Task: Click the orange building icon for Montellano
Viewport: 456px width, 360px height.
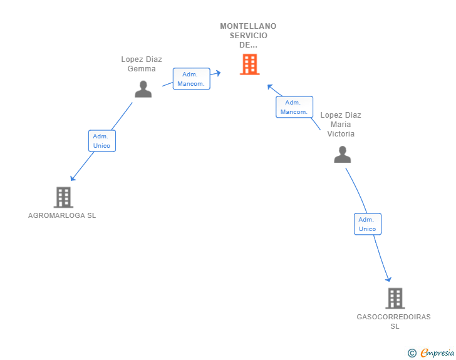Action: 249,64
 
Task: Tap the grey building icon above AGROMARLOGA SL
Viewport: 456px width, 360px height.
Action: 63,197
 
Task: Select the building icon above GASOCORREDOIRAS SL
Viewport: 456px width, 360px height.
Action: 395,298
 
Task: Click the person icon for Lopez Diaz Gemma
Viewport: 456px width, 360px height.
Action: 143,89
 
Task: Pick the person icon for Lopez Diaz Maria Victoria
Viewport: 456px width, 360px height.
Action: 342,155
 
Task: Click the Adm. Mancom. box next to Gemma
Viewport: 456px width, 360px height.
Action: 192,79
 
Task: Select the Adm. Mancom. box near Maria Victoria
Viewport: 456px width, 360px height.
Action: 294,107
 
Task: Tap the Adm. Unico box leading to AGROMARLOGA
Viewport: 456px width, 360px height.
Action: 102,141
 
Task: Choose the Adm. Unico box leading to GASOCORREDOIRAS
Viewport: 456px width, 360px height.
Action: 368,224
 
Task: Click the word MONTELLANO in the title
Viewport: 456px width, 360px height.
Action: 248,26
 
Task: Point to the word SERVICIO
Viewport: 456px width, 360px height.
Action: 248,36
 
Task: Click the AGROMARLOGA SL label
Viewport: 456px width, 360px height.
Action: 62,215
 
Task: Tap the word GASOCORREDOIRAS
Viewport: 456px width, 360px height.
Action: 393,317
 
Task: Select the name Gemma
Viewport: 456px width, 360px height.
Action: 142,69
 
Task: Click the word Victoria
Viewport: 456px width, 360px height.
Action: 341,134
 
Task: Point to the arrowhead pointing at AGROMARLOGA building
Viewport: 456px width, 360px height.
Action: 73,178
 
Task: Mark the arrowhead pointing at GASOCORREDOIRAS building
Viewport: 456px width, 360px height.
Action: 388,279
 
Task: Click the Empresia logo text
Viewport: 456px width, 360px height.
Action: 437,352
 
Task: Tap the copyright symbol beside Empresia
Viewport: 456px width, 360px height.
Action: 412,353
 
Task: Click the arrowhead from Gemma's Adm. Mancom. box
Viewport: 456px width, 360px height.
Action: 218,73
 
